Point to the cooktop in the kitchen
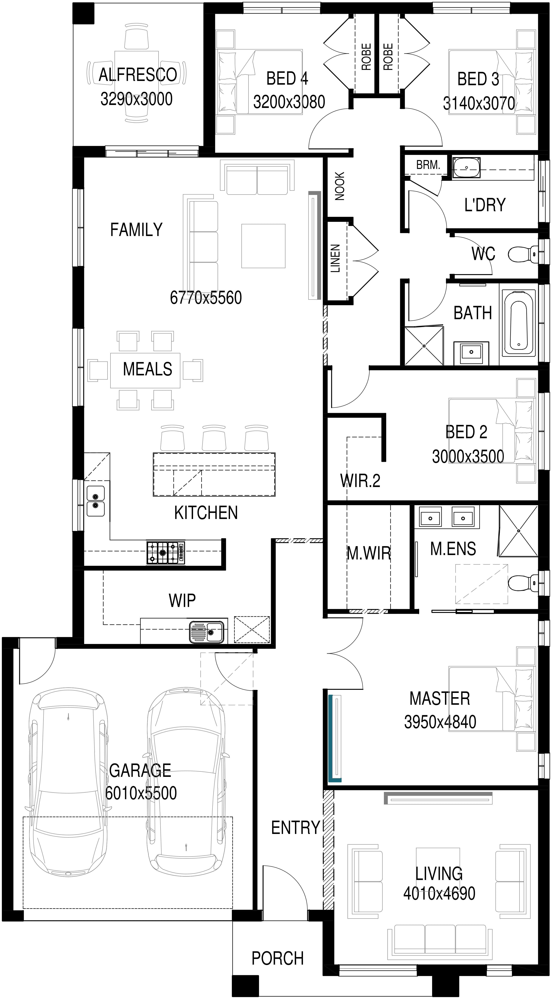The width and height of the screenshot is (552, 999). point(166,552)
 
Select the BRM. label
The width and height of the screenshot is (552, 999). point(428,165)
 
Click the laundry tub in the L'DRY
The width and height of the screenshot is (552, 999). point(466,167)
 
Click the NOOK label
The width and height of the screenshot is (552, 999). point(340,186)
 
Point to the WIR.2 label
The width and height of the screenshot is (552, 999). point(360,481)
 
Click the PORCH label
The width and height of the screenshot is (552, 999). point(277,958)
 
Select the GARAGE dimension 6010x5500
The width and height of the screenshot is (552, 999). point(141,793)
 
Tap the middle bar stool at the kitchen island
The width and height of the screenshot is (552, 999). point(214,438)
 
